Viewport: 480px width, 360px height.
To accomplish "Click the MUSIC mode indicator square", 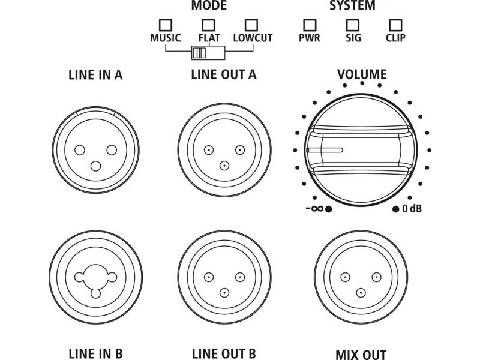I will [x=165, y=26].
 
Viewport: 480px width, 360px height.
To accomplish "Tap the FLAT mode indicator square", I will [x=208, y=26].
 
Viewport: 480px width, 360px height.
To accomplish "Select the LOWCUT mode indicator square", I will [x=252, y=26].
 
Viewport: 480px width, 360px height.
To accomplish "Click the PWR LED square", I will [x=310, y=26].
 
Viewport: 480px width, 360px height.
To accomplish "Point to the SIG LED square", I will [x=353, y=26].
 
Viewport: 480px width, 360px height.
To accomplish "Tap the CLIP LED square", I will [x=395, y=26].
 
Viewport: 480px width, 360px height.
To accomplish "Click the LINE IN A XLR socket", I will [x=96, y=154].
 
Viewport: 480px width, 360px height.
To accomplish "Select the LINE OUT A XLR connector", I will [x=224, y=154].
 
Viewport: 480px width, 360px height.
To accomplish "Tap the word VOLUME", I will [x=361, y=76].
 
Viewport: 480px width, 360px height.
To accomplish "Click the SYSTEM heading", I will [x=353, y=6].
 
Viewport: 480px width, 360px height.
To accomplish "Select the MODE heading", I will [x=208, y=6].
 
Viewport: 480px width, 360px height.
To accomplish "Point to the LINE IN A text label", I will [x=96, y=76].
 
